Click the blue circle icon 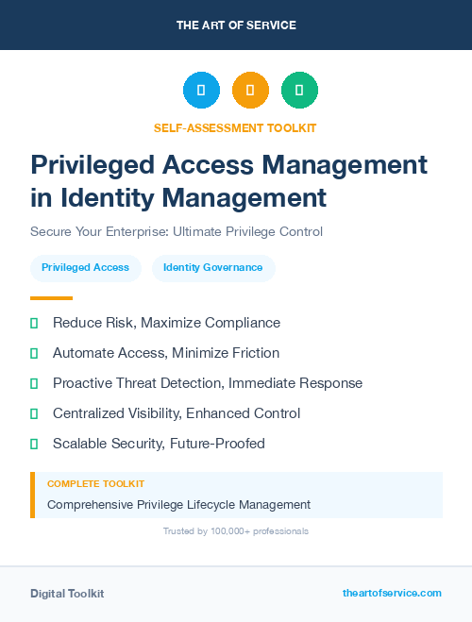201,91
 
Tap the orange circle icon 250,91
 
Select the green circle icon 299,91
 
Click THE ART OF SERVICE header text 235,25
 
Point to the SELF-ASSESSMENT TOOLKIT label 235,127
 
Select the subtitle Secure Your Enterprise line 177,231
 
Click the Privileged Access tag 86,268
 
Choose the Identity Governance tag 213,268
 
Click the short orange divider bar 51,298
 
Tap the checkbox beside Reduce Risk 34,323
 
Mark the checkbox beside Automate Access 34,353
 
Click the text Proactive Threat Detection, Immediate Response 208,383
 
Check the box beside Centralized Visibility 34,413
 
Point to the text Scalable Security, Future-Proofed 159,444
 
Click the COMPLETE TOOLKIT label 96,484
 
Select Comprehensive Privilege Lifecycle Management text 178,505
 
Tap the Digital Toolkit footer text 67,594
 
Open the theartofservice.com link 392,593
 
